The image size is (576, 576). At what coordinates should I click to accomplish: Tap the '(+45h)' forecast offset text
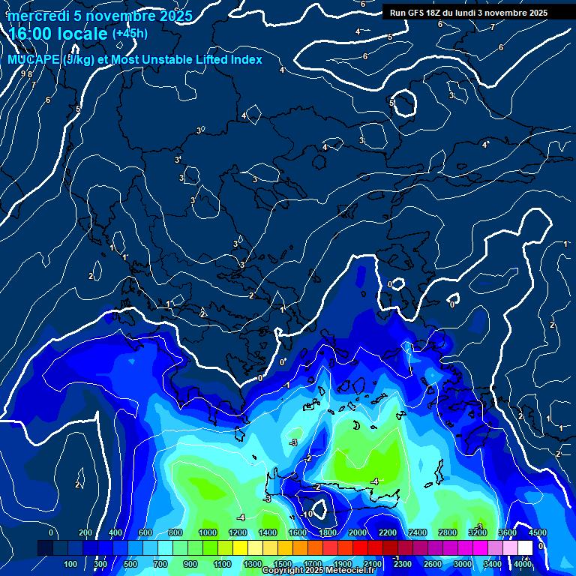click(x=130, y=33)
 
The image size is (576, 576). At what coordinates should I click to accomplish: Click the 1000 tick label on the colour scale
click(x=207, y=532)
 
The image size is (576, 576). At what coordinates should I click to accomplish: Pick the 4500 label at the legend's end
click(x=537, y=532)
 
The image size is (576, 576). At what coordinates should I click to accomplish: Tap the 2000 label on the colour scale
click(x=357, y=532)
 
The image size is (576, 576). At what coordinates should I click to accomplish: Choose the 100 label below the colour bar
click(x=71, y=564)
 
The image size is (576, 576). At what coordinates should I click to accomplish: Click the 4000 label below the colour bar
click(x=523, y=564)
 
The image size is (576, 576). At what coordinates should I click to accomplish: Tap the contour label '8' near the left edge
click(x=30, y=74)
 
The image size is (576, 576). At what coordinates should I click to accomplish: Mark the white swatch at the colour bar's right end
click(x=526, y=548)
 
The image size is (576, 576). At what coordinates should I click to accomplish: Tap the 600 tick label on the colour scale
click(x=146, y=532)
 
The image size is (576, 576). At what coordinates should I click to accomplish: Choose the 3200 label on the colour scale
click(x=477, y=532)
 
